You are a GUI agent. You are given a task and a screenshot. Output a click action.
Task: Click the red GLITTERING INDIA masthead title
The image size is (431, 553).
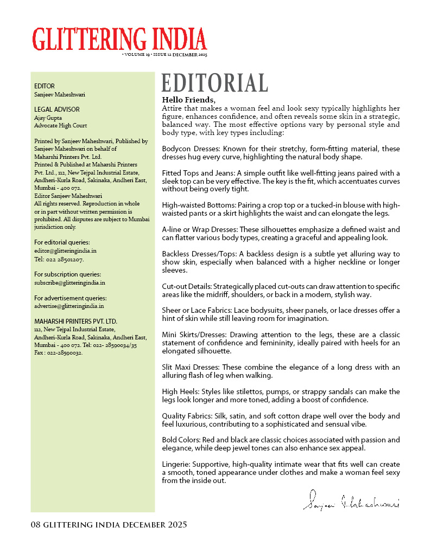[119, 39]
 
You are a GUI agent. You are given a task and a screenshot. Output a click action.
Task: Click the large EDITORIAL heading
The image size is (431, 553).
[214, 83]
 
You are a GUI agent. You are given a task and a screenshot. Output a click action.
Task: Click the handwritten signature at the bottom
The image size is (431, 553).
[351, 500]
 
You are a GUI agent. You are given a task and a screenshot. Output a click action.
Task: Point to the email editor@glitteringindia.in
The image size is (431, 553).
[65, 251]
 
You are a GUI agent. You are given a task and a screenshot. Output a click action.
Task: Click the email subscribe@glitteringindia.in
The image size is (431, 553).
[69, 282]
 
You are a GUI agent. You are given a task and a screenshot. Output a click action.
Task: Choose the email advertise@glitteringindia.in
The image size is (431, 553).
[69, 306]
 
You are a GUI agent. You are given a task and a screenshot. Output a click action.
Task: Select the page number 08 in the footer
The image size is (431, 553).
[36, 525]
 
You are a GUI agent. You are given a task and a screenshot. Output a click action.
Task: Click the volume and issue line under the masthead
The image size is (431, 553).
[165, 55]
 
